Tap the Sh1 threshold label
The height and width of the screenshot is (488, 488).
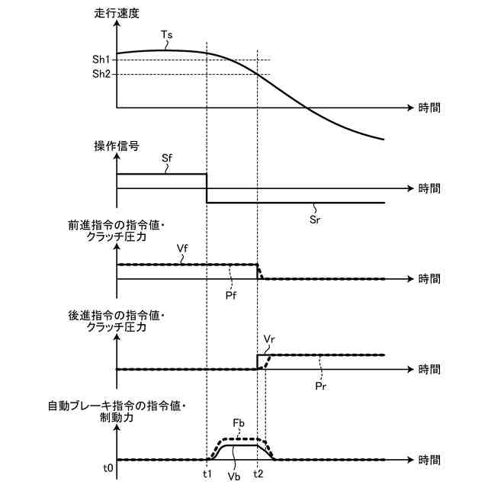point(102,59)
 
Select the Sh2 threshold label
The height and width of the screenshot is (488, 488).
point(102,74)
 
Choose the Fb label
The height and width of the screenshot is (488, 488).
point(238,424)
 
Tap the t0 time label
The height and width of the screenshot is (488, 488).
point(109,467)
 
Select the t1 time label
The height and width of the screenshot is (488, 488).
point(206,473)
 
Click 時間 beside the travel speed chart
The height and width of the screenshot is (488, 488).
point(429,108)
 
